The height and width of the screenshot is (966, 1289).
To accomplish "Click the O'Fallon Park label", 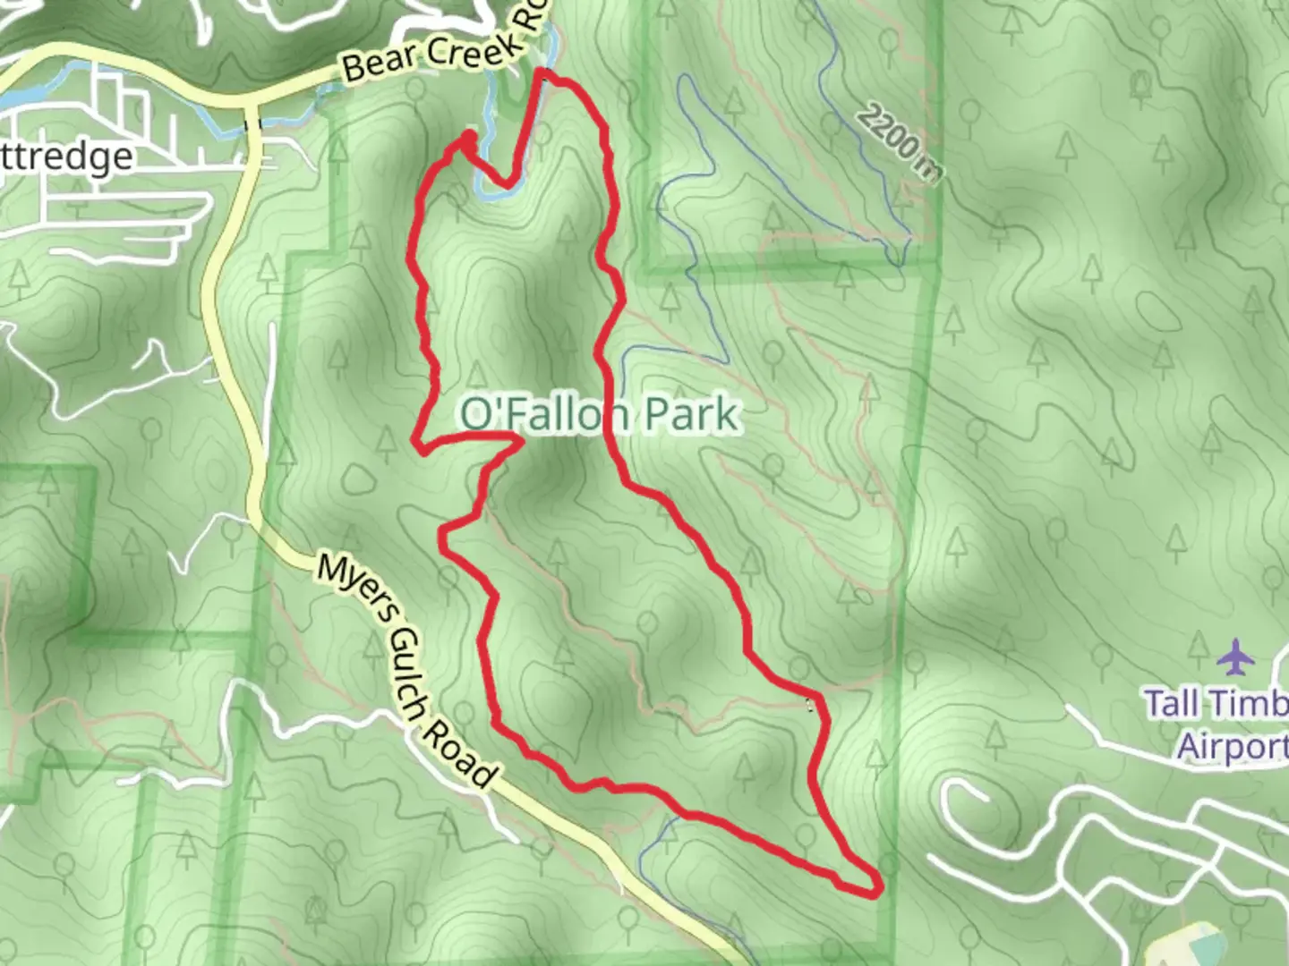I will click(x=600, y=415).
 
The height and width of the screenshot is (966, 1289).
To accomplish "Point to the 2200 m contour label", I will click(x=899, y=143).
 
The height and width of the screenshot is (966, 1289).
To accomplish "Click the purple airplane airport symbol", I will click(x=1236, y=659).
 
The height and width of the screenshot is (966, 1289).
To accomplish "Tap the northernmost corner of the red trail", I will click(x=543, y=73).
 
